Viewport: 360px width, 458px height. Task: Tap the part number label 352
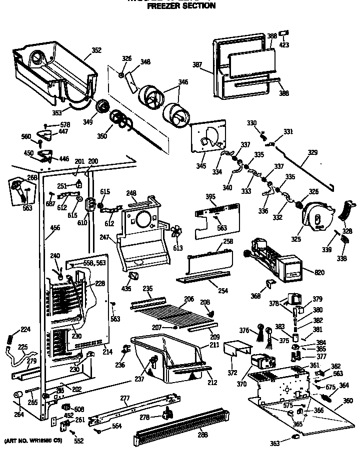[96, 50]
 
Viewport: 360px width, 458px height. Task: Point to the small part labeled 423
[284, 34]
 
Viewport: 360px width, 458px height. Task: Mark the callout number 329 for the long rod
[312, 152]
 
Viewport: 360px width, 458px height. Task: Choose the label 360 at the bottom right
[347, 401]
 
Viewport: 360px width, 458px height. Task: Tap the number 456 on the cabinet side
[55, 228]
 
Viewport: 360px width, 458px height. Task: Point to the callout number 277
[125, 398]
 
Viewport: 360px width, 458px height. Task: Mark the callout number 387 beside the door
[197, 64]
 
